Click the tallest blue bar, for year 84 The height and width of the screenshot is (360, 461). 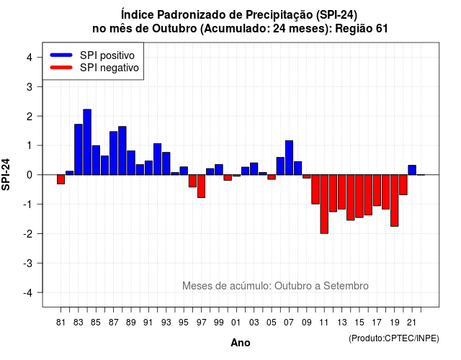click(87, 142)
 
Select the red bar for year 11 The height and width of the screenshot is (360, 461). click(324, 204)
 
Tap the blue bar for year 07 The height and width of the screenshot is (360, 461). click(289, 158)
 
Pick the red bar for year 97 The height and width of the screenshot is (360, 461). click(201, 186)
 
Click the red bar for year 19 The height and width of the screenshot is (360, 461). click(395, 201)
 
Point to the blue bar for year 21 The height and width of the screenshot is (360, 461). click(412, 170)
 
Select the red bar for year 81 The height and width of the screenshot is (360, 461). click(61, 179)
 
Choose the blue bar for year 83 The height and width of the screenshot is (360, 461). click(79, 150)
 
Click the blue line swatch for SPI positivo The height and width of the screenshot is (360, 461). click(61, 55)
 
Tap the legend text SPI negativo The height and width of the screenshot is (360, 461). click(109, 68)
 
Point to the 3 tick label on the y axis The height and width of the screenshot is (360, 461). click(30, 86)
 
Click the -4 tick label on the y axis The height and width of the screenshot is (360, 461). click(28, 293)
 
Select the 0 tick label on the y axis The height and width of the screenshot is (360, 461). click(30, 175)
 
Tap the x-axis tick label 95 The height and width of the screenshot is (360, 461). click(184, 323)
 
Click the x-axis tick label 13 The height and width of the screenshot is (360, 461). click(341, 323)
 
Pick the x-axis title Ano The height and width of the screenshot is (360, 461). click(241, 343)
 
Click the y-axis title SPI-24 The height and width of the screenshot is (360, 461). click(6, 174)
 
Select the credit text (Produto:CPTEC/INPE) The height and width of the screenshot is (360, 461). click(394, 338)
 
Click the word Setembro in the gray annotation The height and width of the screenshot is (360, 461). click(346, 286)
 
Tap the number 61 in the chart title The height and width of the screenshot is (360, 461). click(382, 29)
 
